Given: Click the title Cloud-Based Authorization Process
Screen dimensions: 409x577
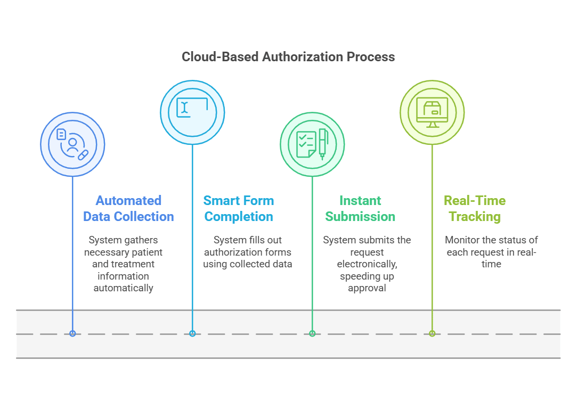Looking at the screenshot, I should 288,57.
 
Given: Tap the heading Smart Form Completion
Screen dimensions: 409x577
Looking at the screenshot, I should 239,209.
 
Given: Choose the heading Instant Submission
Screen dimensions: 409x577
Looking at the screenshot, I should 360,209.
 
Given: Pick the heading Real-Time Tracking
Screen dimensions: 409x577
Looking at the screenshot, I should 475,209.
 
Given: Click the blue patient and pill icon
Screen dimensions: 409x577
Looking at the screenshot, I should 72,144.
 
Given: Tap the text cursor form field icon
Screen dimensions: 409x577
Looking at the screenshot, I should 192,112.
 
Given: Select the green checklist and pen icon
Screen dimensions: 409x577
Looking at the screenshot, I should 312,144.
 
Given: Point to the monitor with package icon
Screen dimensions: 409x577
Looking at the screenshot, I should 432,112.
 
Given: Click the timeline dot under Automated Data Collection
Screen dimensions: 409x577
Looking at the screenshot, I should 72,333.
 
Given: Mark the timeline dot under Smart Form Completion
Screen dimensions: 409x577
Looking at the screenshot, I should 192,333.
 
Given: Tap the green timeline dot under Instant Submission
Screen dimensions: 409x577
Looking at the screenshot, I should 312,333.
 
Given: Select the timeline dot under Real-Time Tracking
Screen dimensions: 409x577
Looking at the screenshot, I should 432,333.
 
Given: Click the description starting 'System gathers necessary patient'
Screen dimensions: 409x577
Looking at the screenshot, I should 123,264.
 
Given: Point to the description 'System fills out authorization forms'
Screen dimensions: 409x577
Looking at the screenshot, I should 247,252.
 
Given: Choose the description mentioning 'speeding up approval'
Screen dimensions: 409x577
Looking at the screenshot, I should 367,264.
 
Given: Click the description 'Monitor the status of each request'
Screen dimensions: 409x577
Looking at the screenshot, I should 491,252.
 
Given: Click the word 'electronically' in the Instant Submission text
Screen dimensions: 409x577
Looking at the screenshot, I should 367,264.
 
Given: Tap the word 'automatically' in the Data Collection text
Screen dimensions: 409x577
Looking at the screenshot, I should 123,288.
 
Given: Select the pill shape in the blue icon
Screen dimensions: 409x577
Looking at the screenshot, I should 83,155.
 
